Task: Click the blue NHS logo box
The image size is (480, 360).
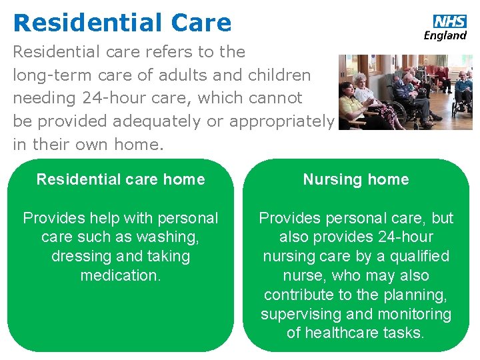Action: point(450,21)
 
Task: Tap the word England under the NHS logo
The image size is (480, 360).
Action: point(445,35)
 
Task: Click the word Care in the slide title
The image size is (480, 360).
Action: point(201,23)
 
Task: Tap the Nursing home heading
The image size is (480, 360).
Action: point(356,179)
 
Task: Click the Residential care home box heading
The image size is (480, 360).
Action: point(121,179)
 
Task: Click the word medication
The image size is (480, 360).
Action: point(121,275)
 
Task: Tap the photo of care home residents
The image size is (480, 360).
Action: point(405,92)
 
